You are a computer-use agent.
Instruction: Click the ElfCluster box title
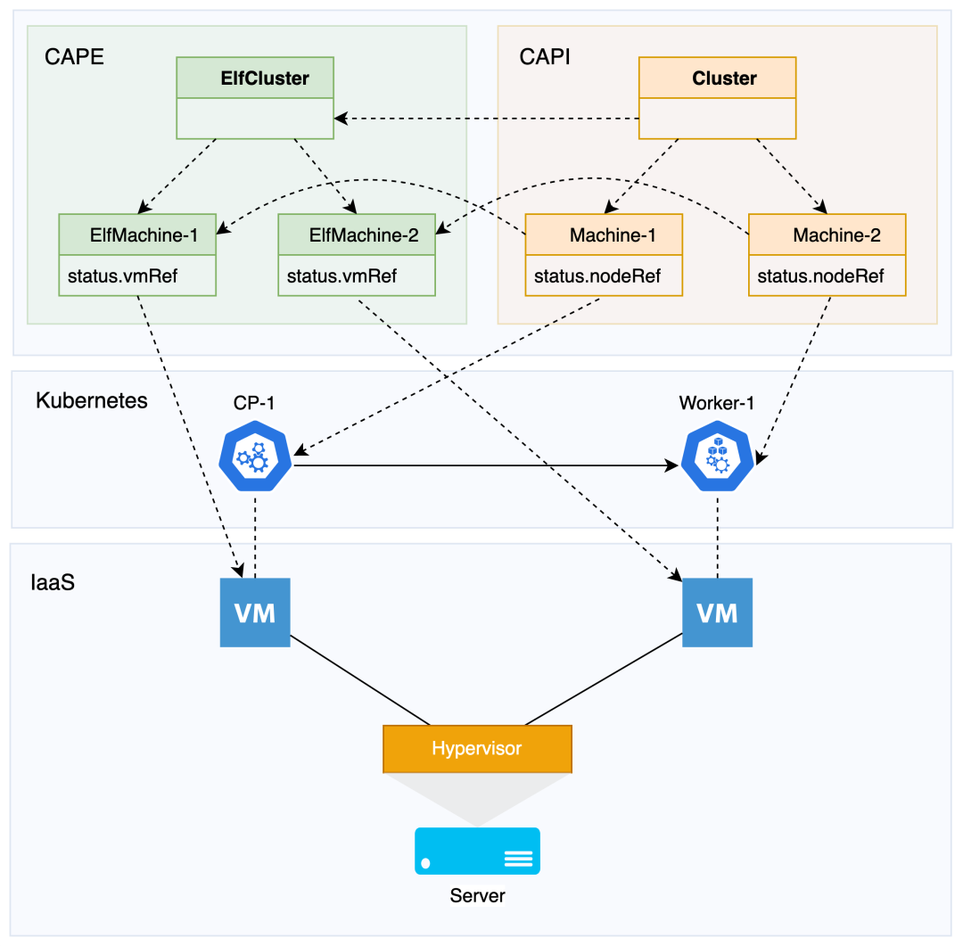point(265,78)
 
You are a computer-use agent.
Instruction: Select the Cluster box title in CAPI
point(724,78)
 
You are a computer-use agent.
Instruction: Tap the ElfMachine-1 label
point(144,235)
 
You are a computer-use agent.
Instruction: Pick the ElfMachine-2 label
point(363,235)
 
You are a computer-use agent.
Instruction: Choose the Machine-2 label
point(835,235)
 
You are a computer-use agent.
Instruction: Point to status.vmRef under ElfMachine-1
point(122,276)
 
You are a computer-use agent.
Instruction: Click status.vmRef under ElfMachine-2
point(342,276)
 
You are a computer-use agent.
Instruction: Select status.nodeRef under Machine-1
point(597,276)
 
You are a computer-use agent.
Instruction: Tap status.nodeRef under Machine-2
point(820,276)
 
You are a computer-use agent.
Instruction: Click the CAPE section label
point(74,57)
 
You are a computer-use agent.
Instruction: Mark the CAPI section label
point(544,57)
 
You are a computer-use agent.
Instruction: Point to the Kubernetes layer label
point(91,399)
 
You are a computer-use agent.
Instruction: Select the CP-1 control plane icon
point(256,456)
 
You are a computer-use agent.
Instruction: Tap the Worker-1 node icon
point(717,456)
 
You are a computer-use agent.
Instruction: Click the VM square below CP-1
point(255,613)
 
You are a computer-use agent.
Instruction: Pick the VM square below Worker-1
point(717,613)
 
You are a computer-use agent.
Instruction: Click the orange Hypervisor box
point(476,748)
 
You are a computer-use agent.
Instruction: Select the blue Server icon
point(477,851)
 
